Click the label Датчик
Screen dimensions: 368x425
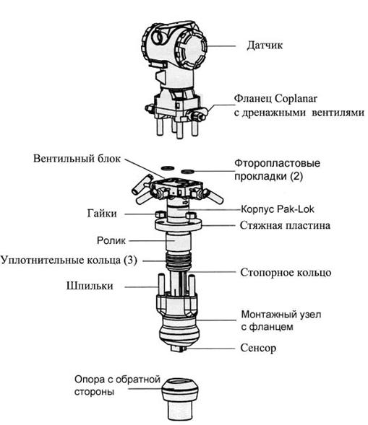(265, 45)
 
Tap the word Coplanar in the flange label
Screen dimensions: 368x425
(296, 98)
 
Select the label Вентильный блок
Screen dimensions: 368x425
(77, 159)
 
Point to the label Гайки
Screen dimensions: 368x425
(102, 214)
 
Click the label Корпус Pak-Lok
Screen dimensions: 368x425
(278, 209)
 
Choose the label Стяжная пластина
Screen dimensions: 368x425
(285, 226)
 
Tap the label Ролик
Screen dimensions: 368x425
(111, 241)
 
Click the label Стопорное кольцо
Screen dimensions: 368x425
(286, 273)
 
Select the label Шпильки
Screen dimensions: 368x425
(90, 286)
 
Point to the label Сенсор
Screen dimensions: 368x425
(258, 348)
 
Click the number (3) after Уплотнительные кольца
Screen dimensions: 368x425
(130, 260)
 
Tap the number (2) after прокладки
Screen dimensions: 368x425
(296, 177)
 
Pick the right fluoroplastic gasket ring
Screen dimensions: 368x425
(188, 172)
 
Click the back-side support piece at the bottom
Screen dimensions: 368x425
(180, 398)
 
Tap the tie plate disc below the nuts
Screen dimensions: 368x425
(179, 225)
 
